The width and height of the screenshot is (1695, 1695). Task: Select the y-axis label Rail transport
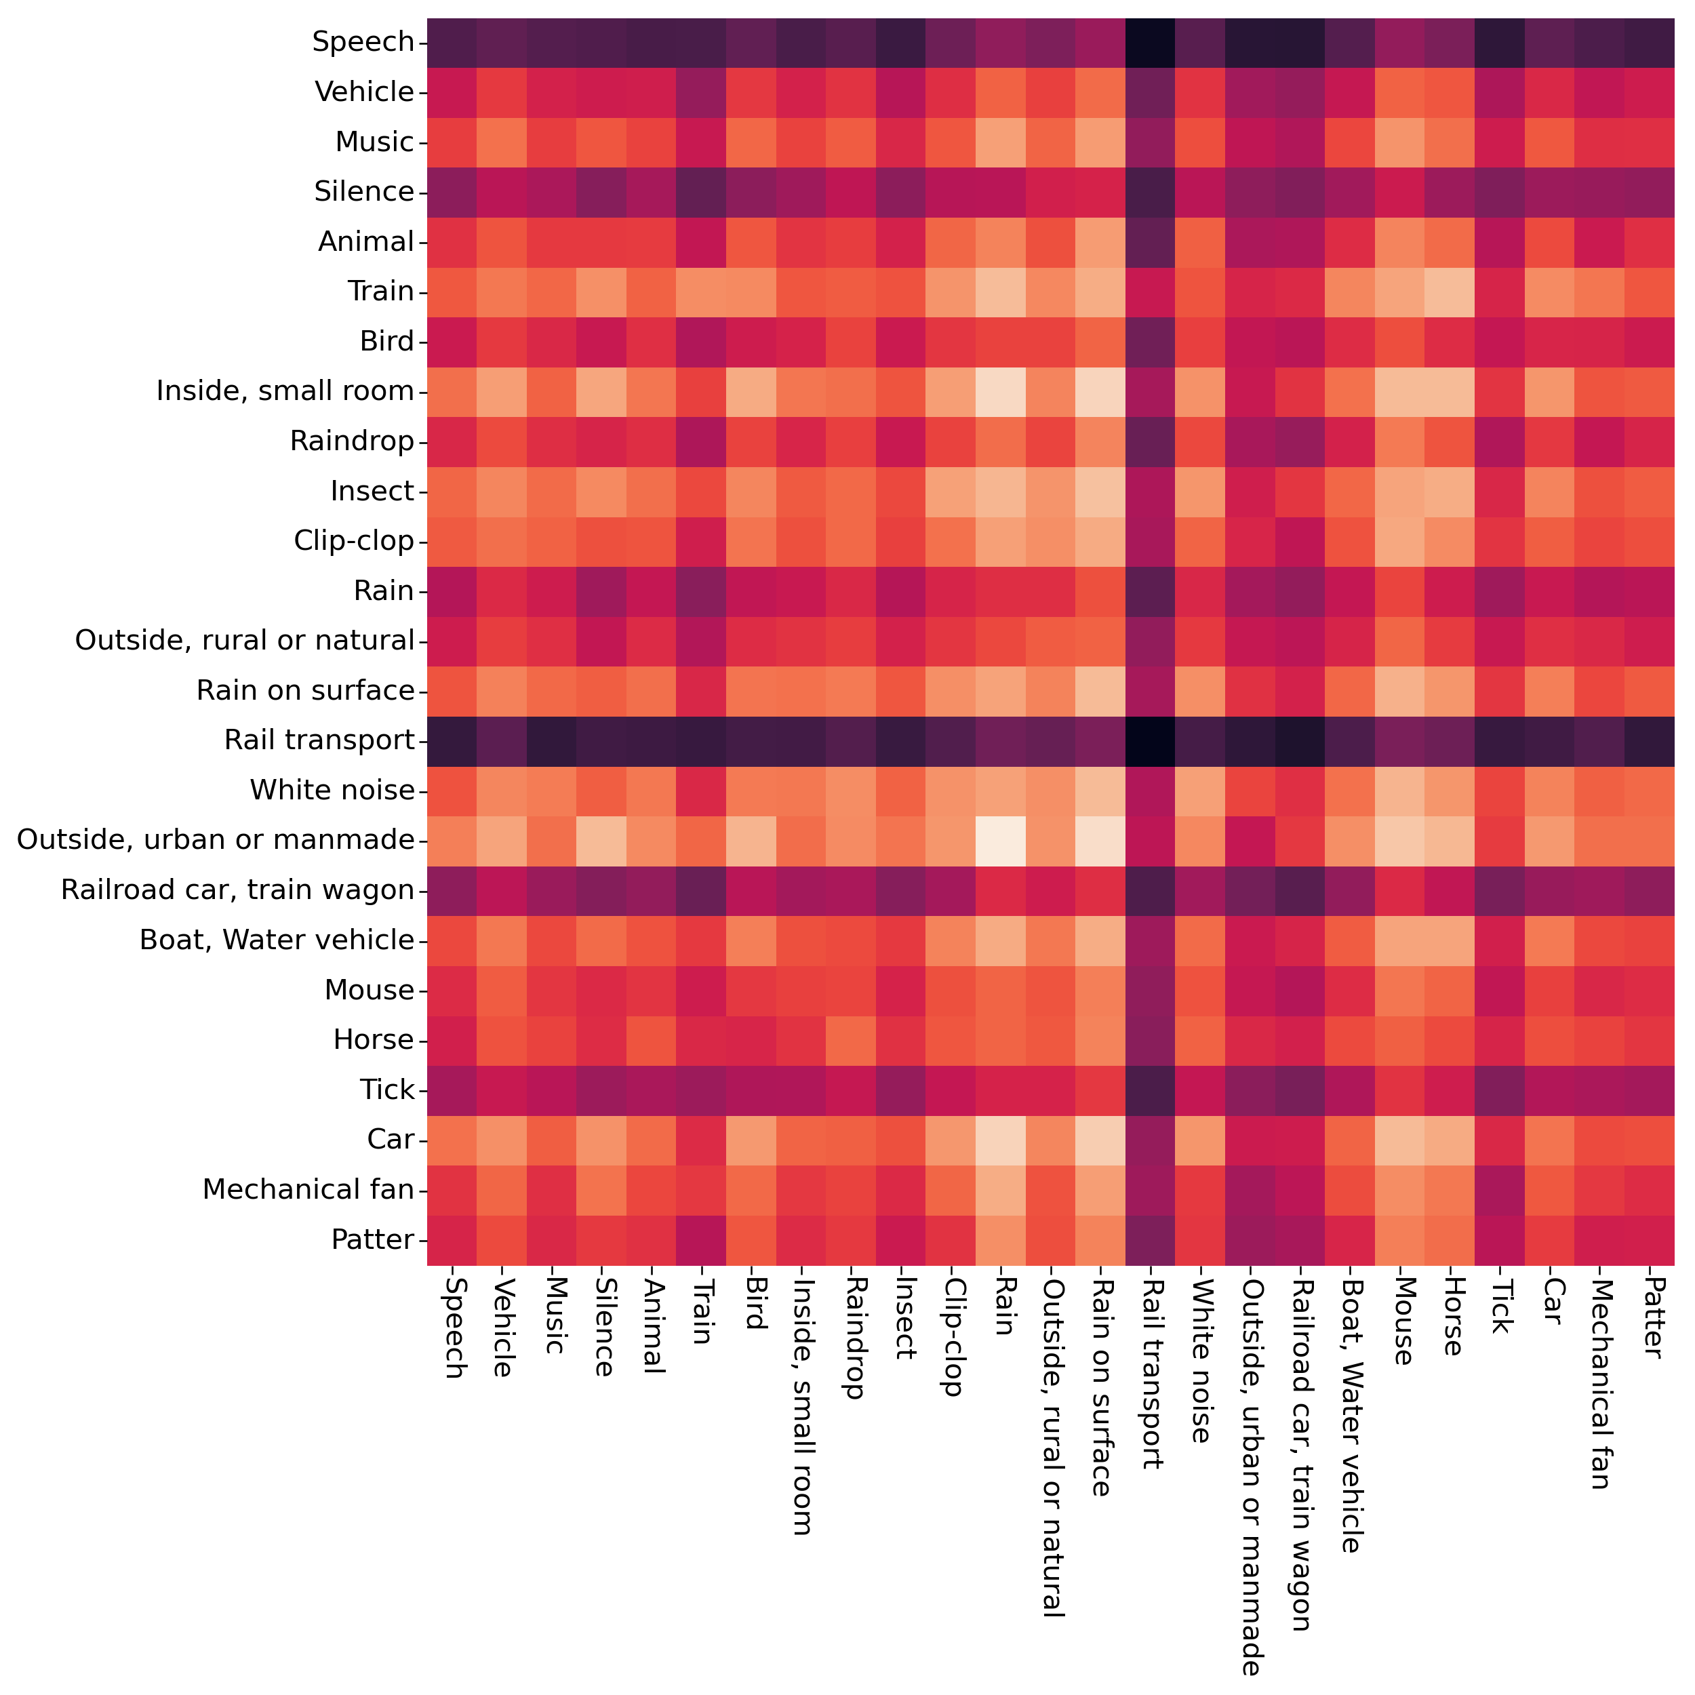[319, 740]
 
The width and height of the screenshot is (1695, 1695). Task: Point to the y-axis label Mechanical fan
[308, 1190]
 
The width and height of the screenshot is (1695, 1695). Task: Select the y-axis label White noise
[332, 791]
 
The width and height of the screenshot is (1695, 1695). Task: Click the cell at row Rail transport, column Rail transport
[1150, 740]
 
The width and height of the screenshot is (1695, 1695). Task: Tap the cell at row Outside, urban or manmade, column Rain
[1000, 841]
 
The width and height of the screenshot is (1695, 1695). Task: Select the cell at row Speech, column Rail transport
[1150, 42]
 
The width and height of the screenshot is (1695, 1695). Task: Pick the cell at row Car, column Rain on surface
[1100, 1140]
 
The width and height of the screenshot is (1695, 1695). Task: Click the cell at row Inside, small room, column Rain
[1000, 391]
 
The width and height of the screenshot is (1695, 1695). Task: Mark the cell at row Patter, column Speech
[452, 1239]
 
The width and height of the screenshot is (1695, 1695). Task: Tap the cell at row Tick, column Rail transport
[1150, 1090]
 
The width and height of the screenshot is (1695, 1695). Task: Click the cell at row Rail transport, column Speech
[452, 740]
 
